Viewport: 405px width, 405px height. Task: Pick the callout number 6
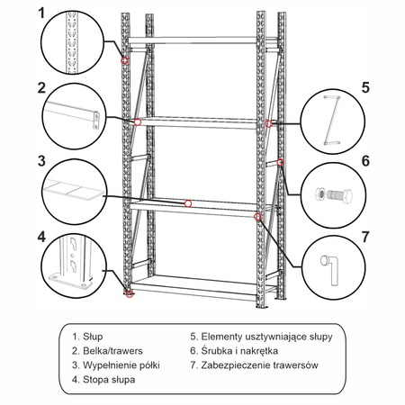click(x=365, y=162)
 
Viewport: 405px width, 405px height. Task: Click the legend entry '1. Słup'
click(x=87, y=337)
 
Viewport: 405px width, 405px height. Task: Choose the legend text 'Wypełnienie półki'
click(x=121, y=365)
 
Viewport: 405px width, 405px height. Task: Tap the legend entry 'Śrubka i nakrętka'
click(x=234, y=351)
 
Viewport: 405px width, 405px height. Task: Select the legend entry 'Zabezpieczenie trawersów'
click(x=256, y=365)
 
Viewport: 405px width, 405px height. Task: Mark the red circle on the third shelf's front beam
click(x=188, y=203)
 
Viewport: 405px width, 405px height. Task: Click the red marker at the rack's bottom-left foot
click(x=130, y=294)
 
